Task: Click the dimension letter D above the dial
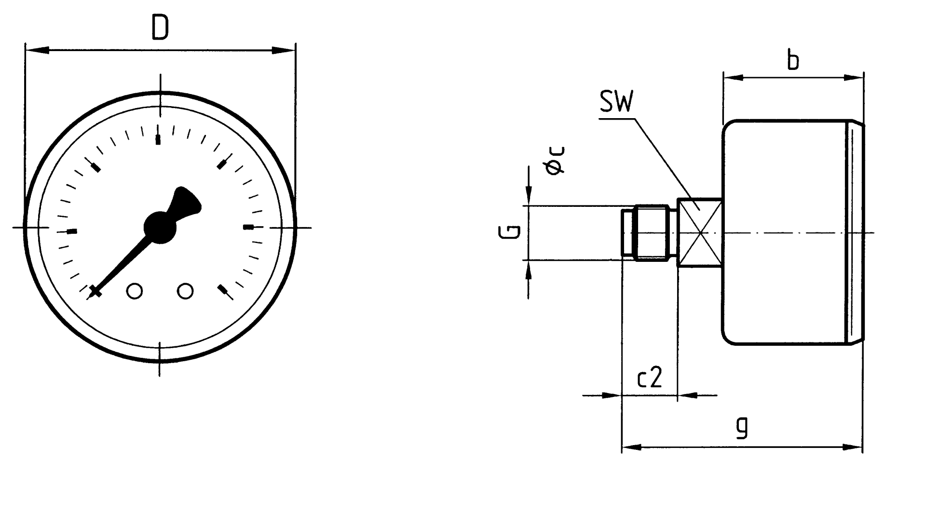160,27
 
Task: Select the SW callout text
616,102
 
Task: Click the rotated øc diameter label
555,161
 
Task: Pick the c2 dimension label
650,378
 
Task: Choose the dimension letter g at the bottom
743,427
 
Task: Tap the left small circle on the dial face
135,291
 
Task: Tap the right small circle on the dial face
186,291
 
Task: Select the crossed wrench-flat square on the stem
700,233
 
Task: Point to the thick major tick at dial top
158,140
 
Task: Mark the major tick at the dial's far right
248,227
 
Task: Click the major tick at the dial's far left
72,231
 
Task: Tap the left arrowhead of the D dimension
37,50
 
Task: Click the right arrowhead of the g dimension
852,447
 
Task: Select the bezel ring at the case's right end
856,233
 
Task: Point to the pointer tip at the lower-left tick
95,291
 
